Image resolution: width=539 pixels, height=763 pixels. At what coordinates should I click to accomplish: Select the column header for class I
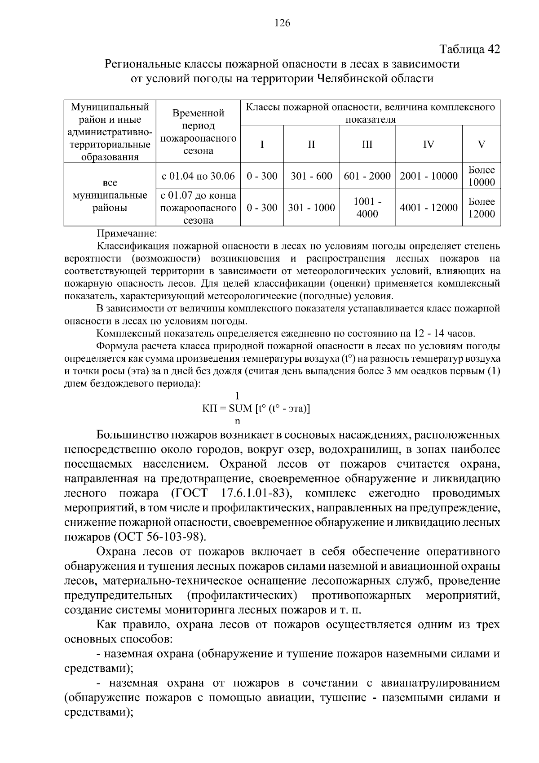pos(262,144)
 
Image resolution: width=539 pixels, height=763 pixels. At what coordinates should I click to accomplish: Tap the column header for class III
pos(367,144)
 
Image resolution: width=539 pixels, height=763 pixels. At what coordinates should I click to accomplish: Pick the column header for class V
pos(482,144)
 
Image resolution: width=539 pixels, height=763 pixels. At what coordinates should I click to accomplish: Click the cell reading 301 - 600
pos(311,176)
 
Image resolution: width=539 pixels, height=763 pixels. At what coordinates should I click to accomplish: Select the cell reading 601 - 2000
pos(367,176)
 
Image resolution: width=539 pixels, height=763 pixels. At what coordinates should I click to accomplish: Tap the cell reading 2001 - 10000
pos(429,176)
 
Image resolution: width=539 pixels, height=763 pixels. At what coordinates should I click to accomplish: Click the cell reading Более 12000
pos(482,208)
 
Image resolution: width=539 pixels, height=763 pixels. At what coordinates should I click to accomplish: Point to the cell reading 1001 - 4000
pos(367,208)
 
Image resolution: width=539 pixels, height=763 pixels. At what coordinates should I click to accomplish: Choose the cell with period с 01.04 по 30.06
pos(198,176)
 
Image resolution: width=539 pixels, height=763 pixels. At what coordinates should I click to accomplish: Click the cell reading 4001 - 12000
pos(429,208)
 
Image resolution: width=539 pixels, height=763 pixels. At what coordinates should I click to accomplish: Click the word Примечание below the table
pos(127,234)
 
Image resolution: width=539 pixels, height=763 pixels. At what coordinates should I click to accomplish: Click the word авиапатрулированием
pos(440,683)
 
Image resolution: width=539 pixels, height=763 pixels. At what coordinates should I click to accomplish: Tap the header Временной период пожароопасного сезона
pos(198,132)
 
